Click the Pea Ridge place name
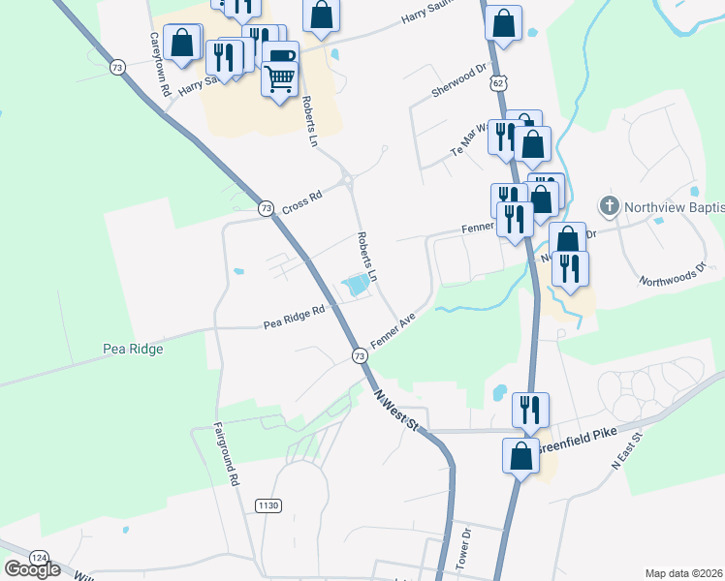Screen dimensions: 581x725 (132, 349)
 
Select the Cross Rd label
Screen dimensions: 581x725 (302, 199)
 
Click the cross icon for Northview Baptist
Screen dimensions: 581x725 (609, 205)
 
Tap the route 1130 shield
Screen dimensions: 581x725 (268, 506)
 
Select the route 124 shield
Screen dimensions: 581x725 (39, 558)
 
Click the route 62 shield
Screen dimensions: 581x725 (498, 84)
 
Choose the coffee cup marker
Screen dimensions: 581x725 (280, 57)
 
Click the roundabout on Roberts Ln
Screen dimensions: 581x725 (346, 180)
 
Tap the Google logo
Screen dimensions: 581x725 (32, 569)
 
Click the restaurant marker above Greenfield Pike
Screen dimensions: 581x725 (530, 409)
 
